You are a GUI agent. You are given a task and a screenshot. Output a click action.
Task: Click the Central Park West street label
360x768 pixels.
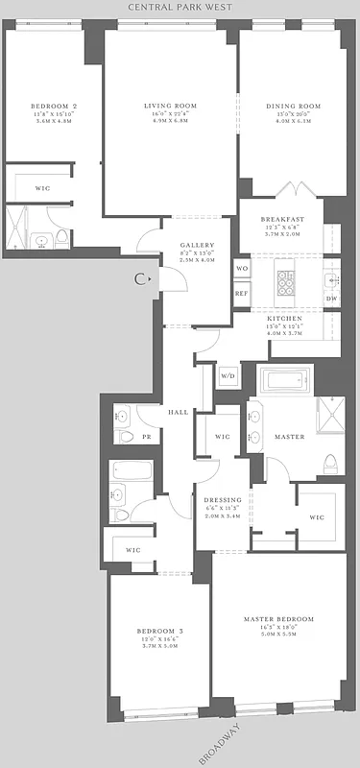coord(180,7)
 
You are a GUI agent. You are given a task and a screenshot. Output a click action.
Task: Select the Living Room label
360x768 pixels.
coord(170,106)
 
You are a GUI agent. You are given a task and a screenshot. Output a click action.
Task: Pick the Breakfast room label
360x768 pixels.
coord(282,220)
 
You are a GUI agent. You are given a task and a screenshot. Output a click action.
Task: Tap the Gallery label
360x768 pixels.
coord(197,246)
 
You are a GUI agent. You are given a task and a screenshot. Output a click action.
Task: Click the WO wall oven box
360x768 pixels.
coord(242,268)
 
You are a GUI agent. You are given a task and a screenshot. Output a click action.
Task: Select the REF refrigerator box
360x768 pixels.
coord(242,294)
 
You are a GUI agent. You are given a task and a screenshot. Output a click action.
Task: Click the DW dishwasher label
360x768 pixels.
coord(331,299)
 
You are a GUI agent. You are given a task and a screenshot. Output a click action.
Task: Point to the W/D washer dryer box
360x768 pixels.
coord(228,375)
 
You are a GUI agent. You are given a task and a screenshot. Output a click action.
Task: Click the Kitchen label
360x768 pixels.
coord(285,318)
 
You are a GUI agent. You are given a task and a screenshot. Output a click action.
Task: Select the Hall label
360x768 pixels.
coord(178,412)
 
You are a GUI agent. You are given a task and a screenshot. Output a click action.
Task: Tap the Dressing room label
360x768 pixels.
coord(222,499)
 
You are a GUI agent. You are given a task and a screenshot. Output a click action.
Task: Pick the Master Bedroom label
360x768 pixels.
coord(278,619)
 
